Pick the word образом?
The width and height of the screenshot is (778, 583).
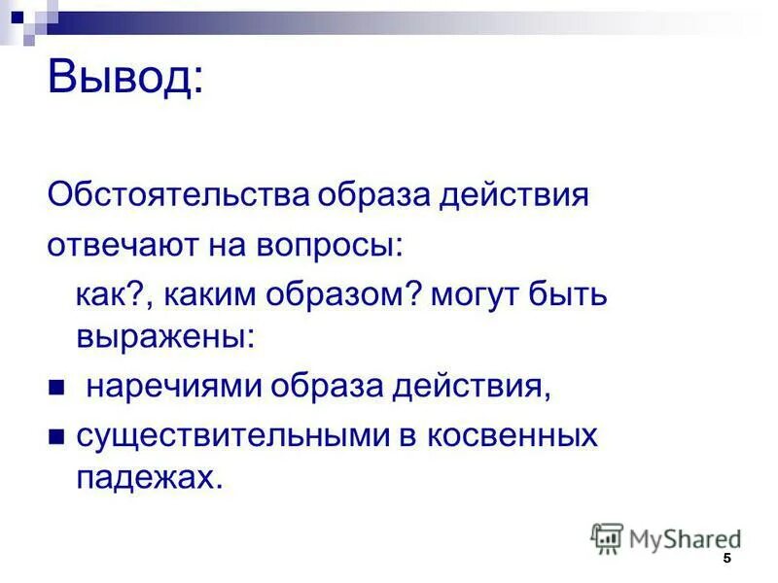336,295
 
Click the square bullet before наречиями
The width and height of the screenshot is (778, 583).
55,388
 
